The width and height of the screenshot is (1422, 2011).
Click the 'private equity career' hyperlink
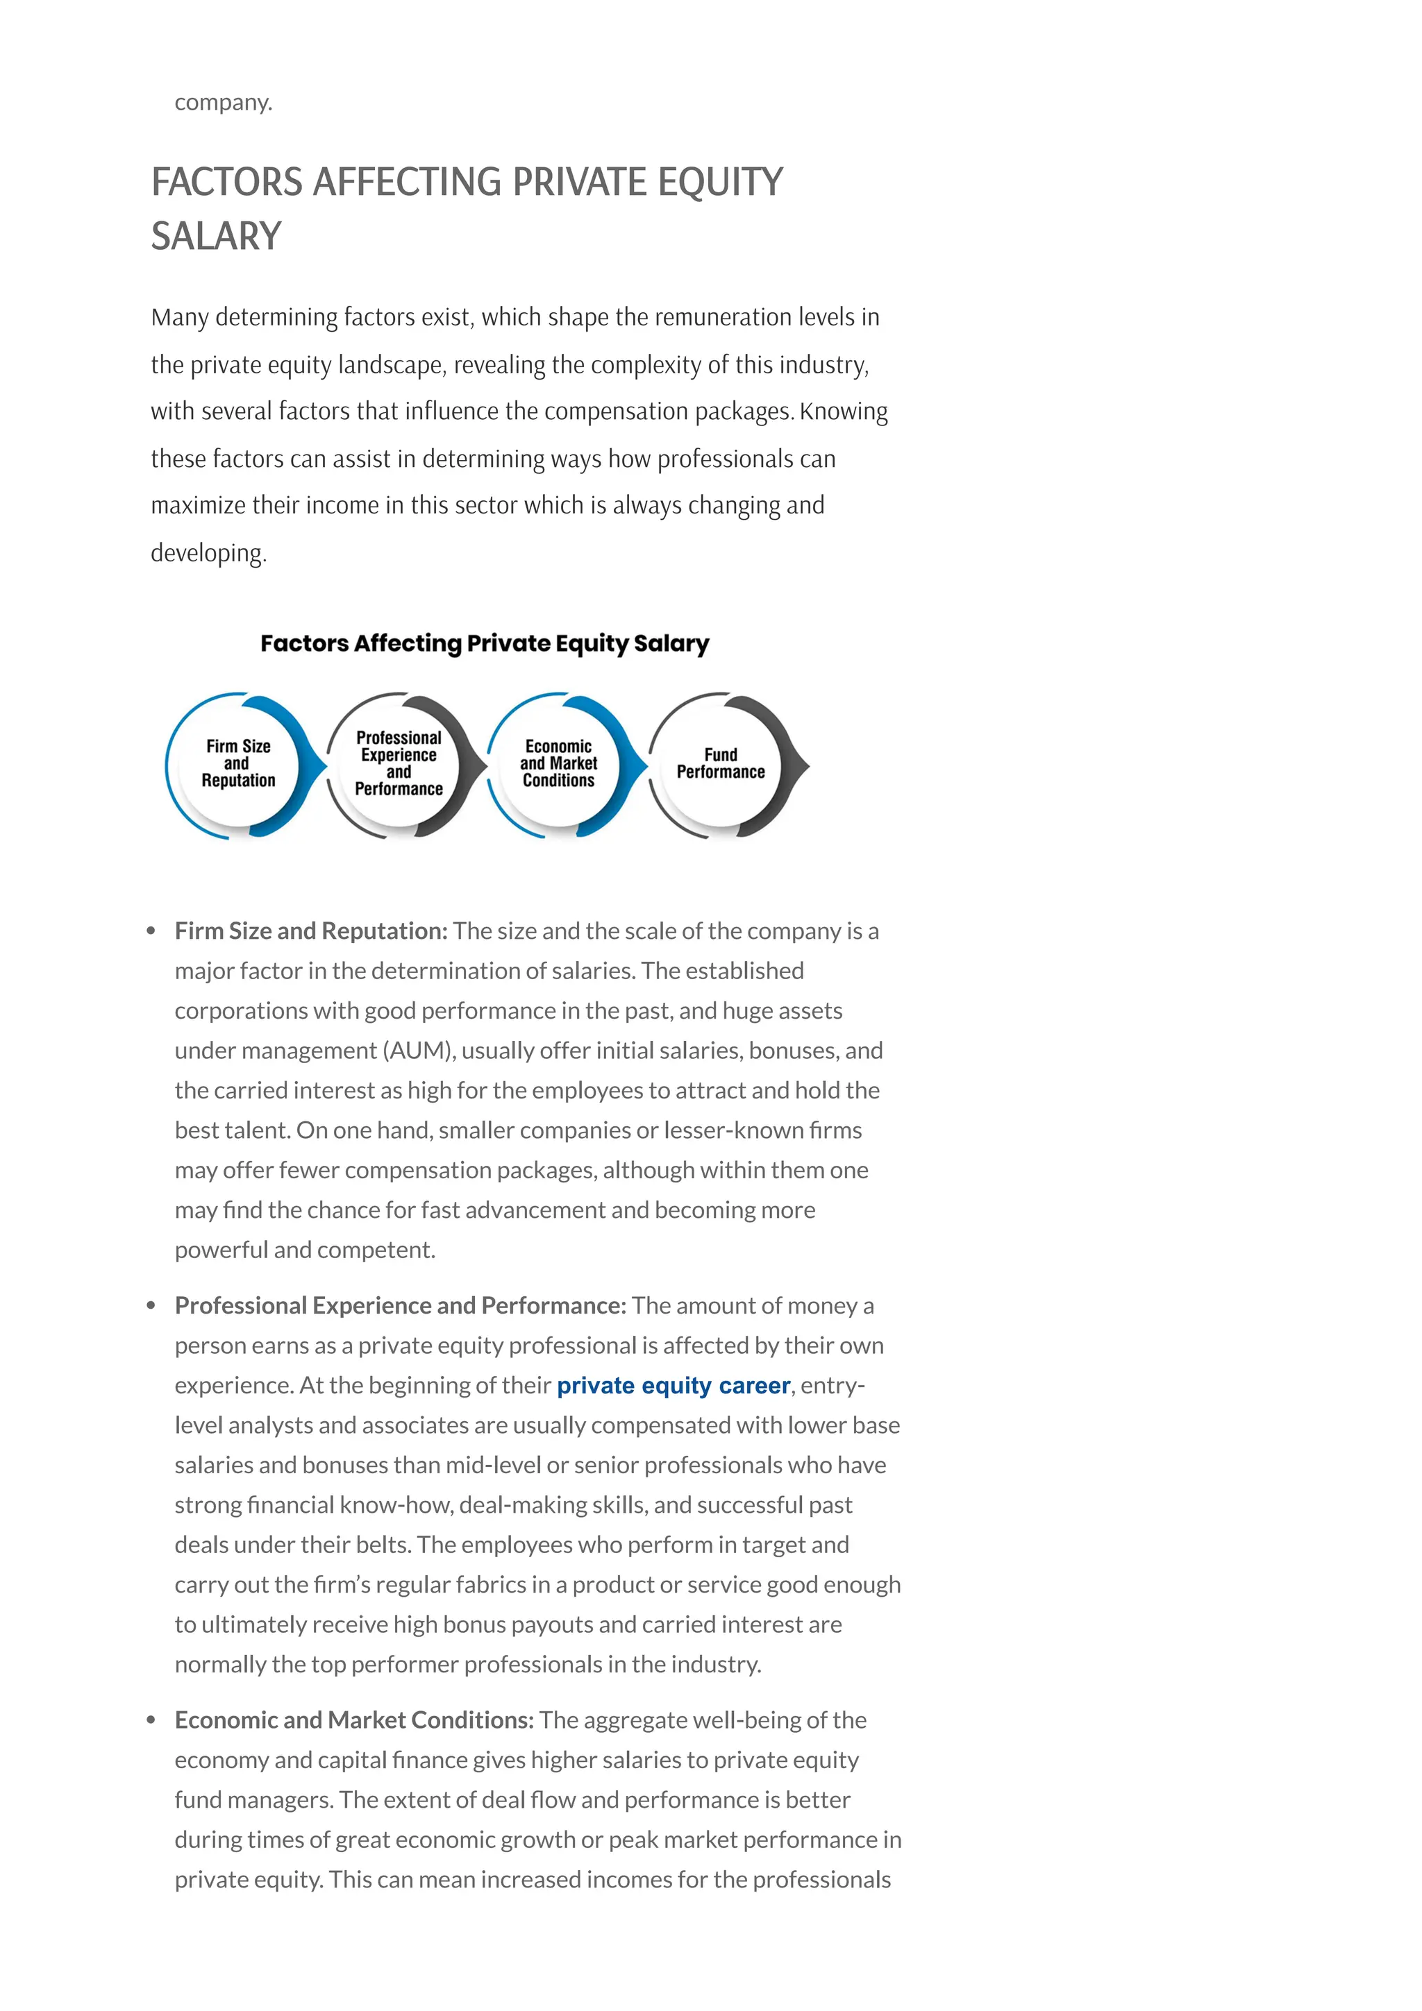(x=673, y=1386)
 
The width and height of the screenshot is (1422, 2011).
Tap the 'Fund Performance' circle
(x=720, y=764)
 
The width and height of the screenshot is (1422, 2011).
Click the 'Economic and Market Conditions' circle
(x=558, y=764)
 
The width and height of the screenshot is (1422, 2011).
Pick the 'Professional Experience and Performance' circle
(x=399, y=764)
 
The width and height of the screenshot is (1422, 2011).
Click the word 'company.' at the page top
(x=224, y=103)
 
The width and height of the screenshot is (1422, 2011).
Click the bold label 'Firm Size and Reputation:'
(x=311, y=931)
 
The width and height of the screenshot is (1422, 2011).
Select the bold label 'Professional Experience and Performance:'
(x=401, y=1306)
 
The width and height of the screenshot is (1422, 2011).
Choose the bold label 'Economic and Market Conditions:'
(x=354, y=1720)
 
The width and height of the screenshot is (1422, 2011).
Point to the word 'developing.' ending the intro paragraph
(x=208, y=554)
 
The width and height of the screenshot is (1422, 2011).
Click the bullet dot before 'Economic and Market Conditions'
(x=151, y=1720)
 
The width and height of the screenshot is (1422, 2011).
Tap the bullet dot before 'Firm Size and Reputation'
(x=151, y=931)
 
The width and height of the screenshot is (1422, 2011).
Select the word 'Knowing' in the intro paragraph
(x=843, y=411)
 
